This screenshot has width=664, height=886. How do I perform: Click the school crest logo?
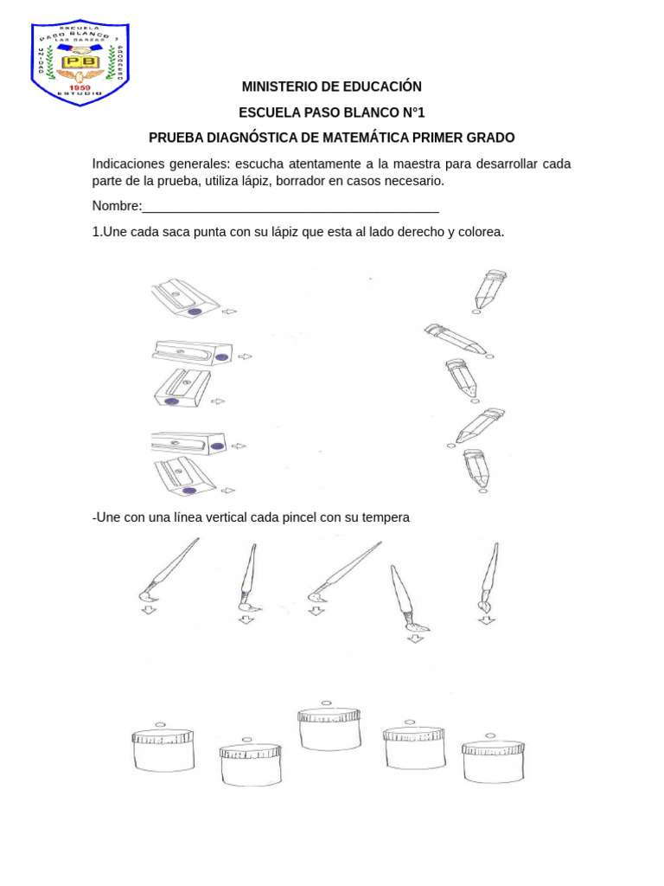(80, 63)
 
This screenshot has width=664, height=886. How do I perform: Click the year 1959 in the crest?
(80, 87)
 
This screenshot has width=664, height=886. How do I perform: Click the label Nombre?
(117, 206)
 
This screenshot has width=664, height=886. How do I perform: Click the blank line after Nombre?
(290, 208)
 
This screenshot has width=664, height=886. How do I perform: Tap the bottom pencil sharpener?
(186, 477)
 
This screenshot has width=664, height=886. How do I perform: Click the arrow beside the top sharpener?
(229, 311)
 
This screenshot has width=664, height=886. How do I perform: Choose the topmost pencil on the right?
(489, 289)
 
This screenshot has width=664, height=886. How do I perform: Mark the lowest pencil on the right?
(476, 468)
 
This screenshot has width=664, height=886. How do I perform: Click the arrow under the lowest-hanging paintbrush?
(416, 639)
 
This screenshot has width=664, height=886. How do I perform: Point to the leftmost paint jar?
(163, 749)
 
